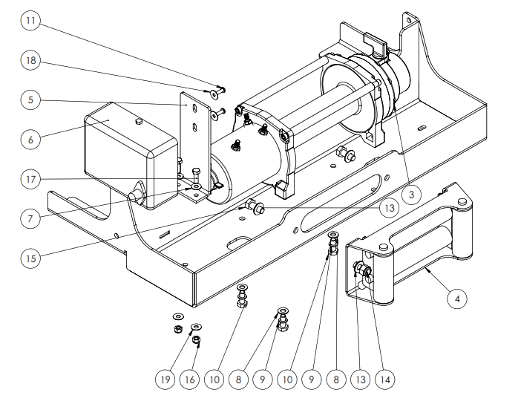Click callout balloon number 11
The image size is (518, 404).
pos(30,21)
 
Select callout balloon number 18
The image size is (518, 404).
pos(30,60)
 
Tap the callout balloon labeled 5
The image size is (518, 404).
pos(30,100)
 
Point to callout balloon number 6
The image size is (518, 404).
pos(30,139)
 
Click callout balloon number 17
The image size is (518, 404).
pos(30,179)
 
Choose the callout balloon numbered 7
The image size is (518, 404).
pos(30,218)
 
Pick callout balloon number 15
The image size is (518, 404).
pos(30,258)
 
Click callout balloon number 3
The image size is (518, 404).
pos(411,195)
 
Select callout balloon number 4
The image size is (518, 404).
pos(457,299)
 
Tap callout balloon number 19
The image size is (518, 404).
pos(165,379)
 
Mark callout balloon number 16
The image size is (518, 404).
pos(190,379)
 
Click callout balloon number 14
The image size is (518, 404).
pos(385,379)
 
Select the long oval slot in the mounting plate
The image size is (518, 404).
pos(341,203)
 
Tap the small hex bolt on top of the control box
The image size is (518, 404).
pos(139,121)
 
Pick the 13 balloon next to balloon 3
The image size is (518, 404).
pos(390,208)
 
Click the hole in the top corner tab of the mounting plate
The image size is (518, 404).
pos(410,20)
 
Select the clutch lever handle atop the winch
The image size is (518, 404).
pos(375,42)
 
